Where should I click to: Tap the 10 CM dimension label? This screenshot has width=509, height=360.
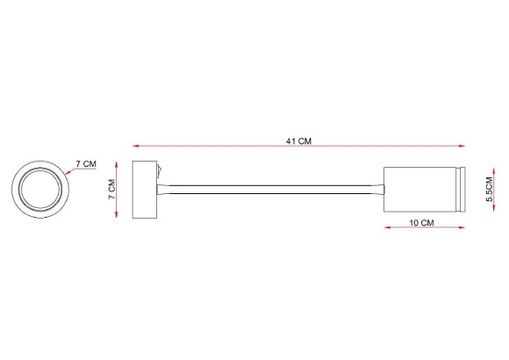[422, 224]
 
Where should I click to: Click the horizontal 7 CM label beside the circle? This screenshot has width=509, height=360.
[86, 164]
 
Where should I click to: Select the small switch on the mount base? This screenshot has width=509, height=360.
[161, 170]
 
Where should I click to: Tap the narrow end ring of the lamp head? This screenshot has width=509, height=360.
[459, 188]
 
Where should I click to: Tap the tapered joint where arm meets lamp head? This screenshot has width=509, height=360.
[378, 188]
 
